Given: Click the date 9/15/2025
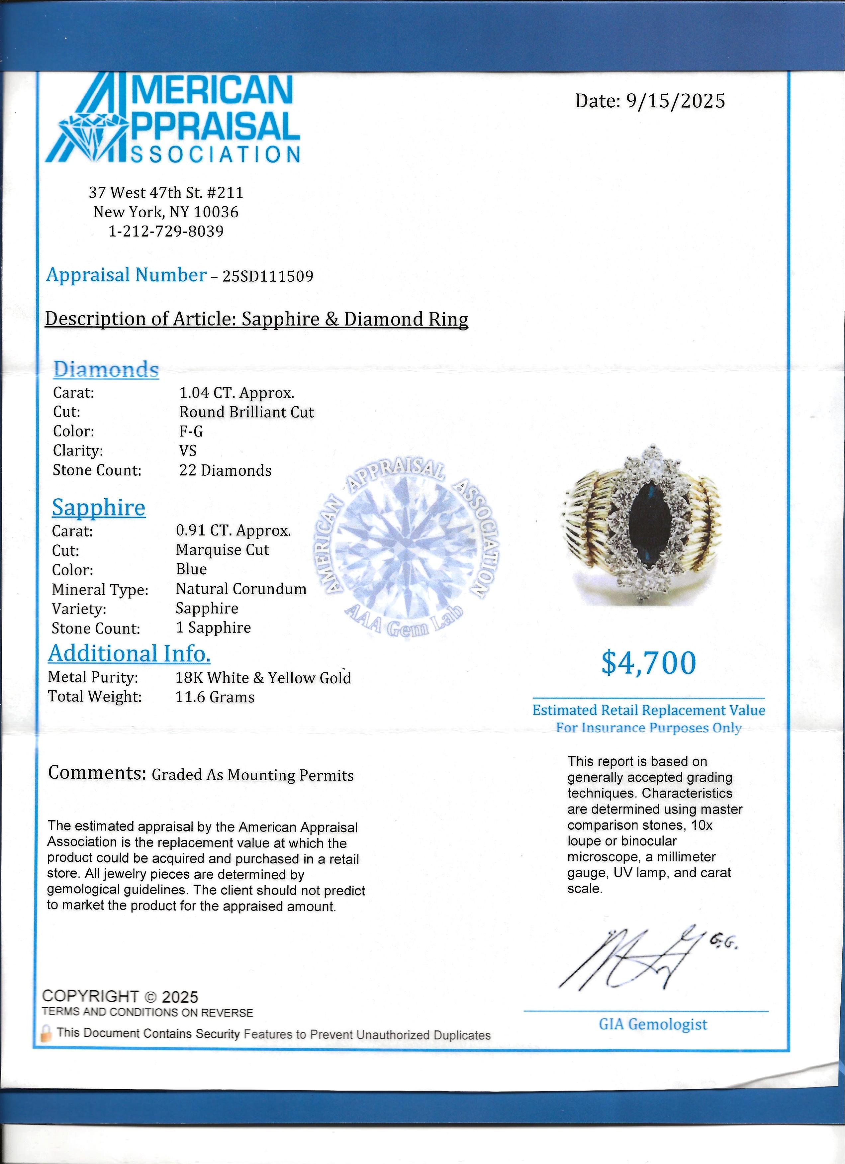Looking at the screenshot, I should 676,101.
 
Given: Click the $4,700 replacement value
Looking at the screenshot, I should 648,663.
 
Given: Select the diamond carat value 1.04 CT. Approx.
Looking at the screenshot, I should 236,393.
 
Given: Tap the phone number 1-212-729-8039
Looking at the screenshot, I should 166,231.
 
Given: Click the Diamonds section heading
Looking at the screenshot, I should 106,369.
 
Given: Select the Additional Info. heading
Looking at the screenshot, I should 129,653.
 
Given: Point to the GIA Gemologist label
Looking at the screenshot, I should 653,1024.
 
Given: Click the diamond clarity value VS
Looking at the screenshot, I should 188,450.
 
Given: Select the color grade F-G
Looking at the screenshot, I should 191,431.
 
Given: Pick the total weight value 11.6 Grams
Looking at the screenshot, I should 215,697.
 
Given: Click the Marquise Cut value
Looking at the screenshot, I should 222,550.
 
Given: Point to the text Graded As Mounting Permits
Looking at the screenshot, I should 252,775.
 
